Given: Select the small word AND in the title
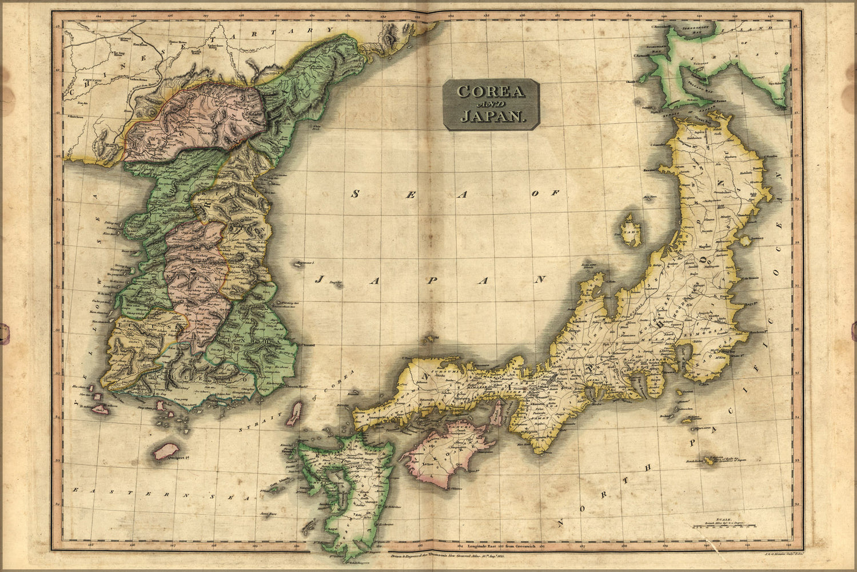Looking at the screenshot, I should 491,104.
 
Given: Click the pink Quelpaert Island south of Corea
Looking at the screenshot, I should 165,450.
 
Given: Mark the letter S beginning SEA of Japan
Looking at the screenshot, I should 355,194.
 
